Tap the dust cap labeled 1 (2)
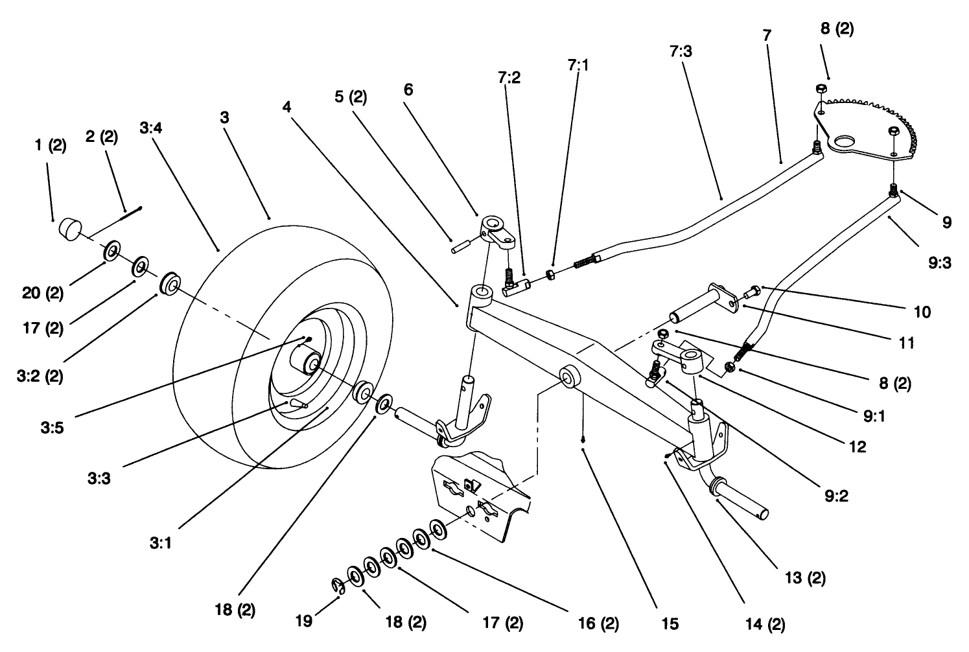tap(71, 229)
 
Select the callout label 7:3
tap(680, 51)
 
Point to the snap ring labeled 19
tap(336, 587)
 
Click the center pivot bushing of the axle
tap(570, 377)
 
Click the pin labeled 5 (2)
tap(462, 248)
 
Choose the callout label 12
tap(858, 447)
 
